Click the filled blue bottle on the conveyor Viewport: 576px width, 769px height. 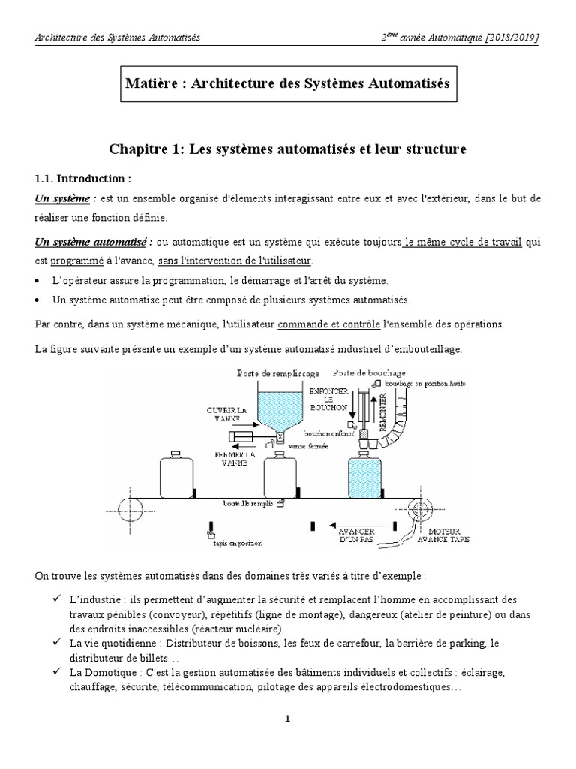[x=368, y=475]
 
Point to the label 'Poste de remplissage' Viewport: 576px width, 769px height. [x=278, y=373]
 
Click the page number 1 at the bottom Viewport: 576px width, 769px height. [x=287, y=719]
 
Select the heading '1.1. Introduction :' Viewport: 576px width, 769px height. [x=82, y=179]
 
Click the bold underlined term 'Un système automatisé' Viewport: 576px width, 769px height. [x=90, y=243]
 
